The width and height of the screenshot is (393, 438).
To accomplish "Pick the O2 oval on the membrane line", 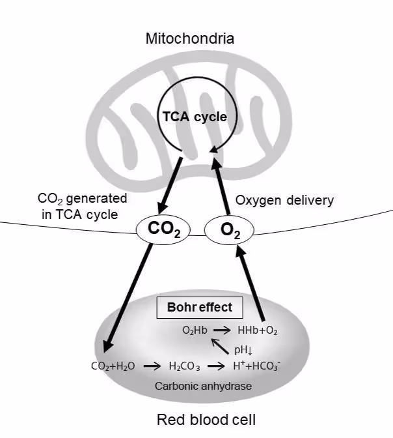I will click(228, 229).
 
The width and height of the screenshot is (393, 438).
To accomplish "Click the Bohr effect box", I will click(198, 307).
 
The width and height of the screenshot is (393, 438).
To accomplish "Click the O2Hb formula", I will click(195, 330).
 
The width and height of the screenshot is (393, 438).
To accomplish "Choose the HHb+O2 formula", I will click(259, 330).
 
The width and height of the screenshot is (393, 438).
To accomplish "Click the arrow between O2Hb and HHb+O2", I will click(224, 330).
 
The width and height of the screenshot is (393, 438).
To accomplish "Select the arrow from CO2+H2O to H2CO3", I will click(151, 366).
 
